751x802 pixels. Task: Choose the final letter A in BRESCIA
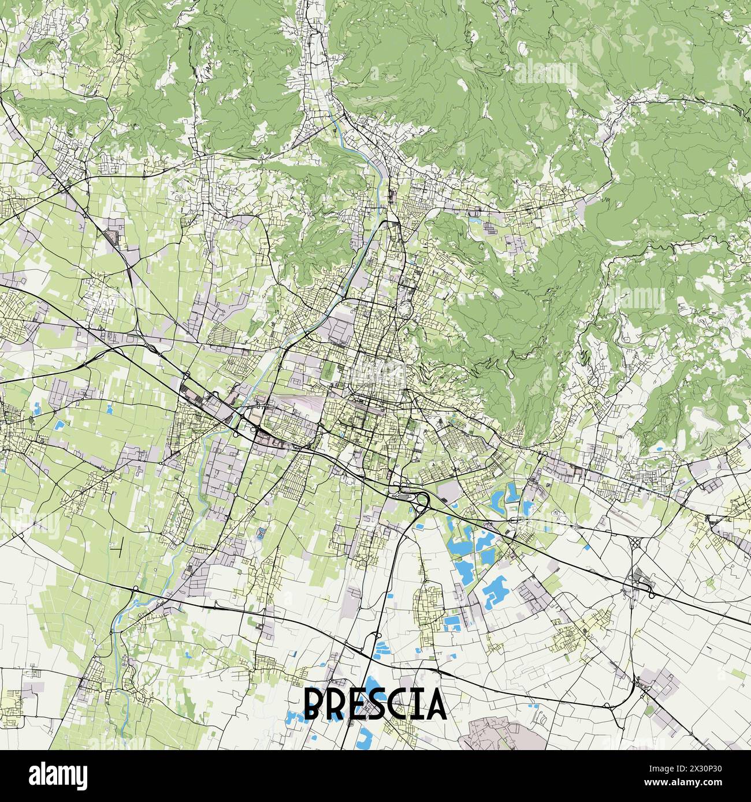coord(437,703)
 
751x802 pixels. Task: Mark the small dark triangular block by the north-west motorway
coord(111,236)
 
